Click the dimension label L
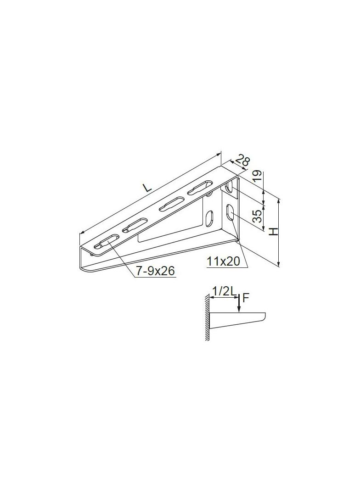pos(147,188)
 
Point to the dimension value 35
pos(257,216)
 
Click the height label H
pos(274,231)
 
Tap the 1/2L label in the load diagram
pos(224,291)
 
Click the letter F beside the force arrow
pos(245,298)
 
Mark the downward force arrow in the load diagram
pos(239,303)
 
